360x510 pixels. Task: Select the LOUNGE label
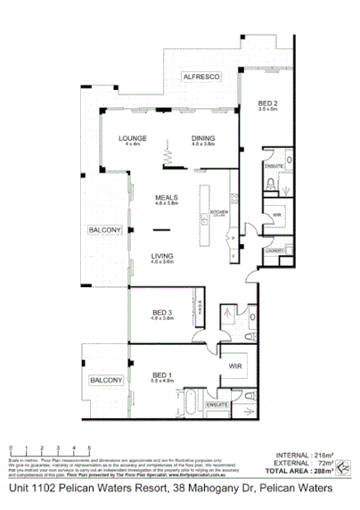134,137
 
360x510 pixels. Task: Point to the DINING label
203,137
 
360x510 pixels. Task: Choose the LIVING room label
162,256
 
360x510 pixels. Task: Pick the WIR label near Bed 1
236,366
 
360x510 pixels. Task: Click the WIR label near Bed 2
276,215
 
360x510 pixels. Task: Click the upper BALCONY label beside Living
104,230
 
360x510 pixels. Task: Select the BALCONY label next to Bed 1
105,381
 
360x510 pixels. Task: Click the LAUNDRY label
274,251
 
